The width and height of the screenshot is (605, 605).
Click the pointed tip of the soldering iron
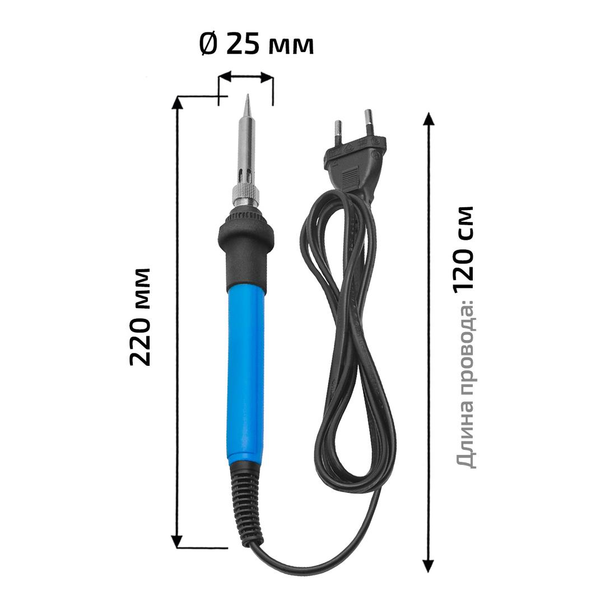248,95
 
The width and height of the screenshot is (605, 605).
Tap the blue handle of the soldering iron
246,374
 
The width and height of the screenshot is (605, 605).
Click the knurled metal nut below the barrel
245,197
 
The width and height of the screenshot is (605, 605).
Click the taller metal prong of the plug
369,124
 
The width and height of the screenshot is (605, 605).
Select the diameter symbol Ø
209,44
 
